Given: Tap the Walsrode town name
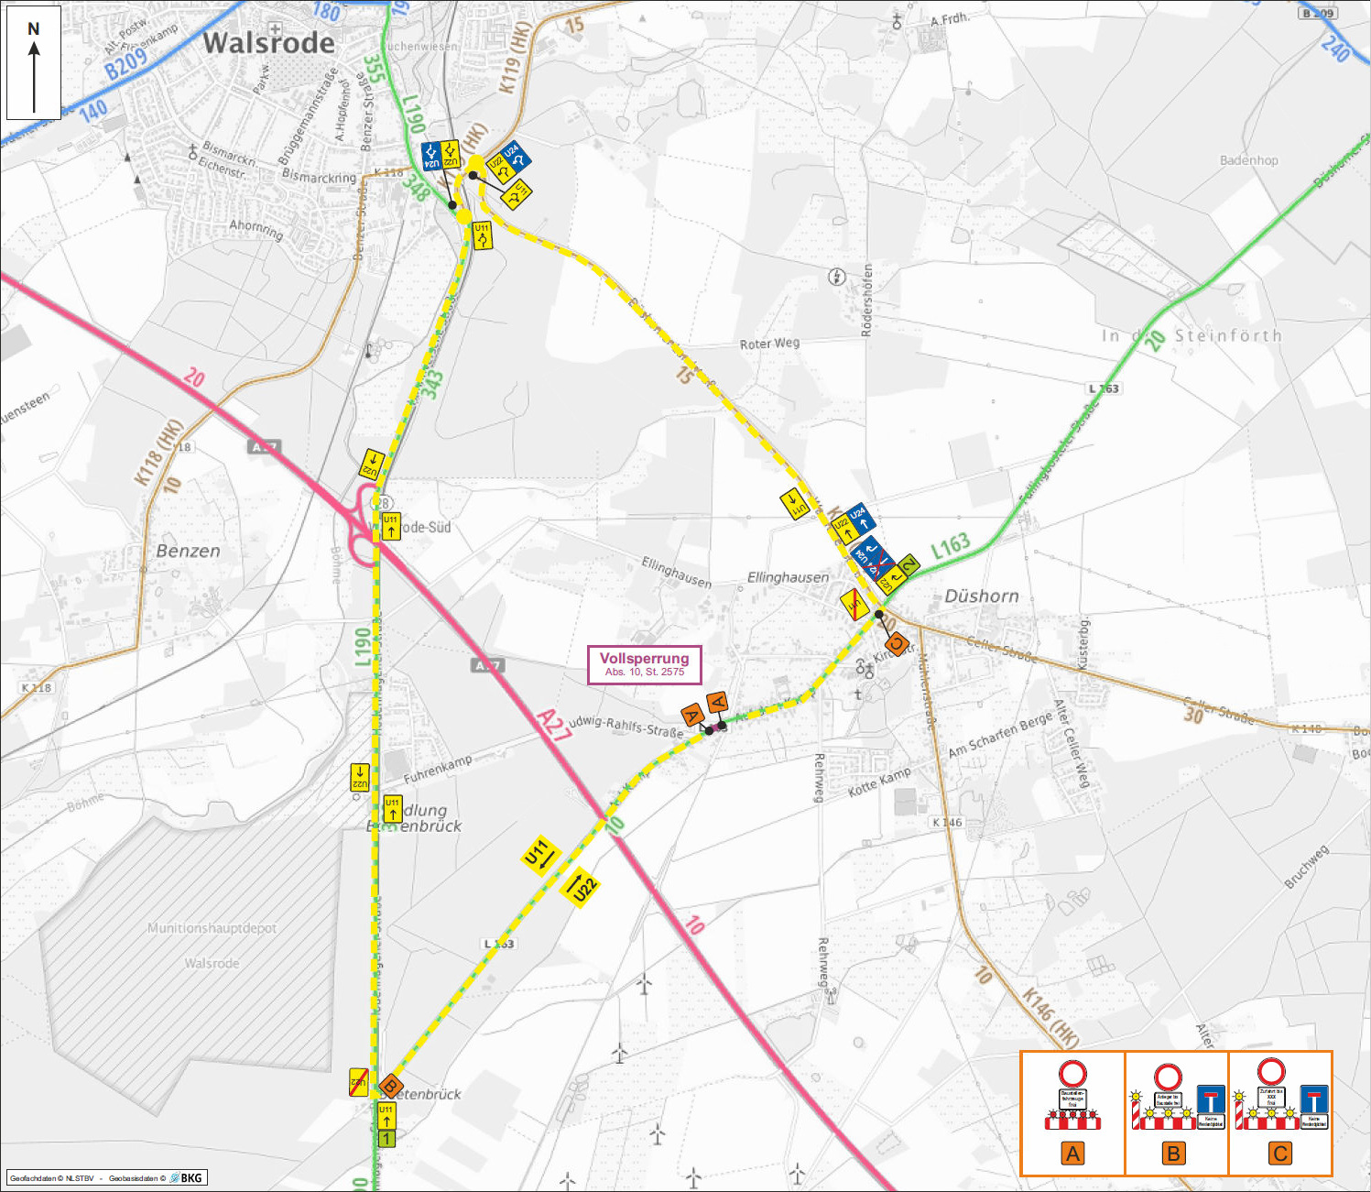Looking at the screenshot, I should pos(268,43).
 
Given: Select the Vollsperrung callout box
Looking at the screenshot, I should pos(644,664).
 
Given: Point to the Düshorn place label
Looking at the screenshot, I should pos(981,596).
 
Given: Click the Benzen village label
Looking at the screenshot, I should pos(188,551).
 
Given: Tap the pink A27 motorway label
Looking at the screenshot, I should pos(554,724).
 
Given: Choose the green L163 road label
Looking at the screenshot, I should pos(950,546).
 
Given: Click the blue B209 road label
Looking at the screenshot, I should pos(125,64).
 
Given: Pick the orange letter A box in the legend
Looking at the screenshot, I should pos(1072,1154).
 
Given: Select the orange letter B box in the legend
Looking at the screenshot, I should pos(1173,1154).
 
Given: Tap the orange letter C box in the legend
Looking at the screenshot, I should pos(1280,1154).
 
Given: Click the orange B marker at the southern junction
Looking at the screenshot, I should pos(391,1086).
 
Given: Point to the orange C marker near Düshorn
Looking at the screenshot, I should pos(897,644).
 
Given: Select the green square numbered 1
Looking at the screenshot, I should pos(386,1139).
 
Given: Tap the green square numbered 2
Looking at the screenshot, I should pos(908,566).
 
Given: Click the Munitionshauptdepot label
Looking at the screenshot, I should pos(212,928).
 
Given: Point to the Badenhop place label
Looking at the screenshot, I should pos(1248,160).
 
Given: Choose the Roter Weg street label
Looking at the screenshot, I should pos(769,344).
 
